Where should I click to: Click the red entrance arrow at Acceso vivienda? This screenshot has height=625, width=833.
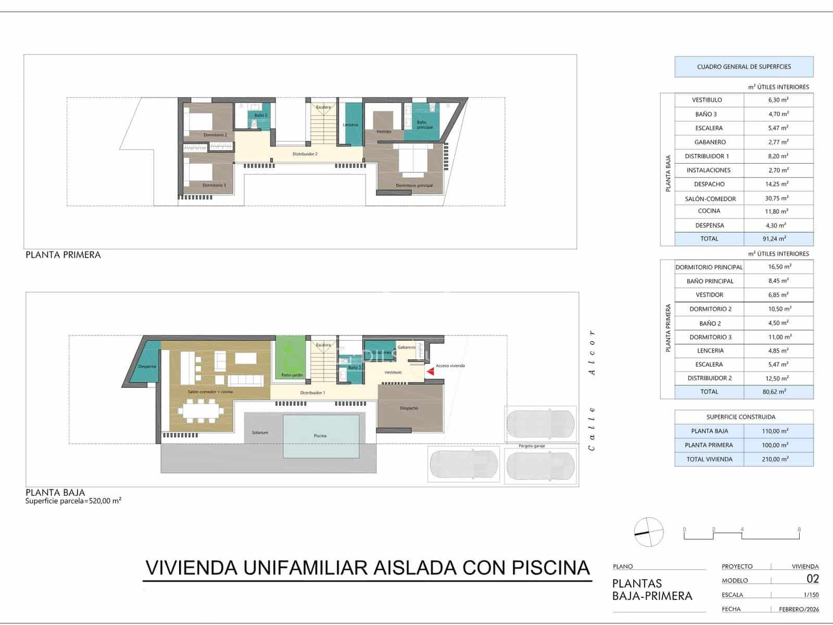(x=430, y=371)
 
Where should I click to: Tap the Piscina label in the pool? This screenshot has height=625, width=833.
(x=320, y=436)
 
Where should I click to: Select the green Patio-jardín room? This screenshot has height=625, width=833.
(x=292, y=359)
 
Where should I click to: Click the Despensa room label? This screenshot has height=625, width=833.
(x=147, y=366)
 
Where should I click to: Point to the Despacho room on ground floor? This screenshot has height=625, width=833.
(x=409, y=408)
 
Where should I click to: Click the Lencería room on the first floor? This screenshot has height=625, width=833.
(x=350, y=124)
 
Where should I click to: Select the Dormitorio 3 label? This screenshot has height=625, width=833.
(x=214, y=185)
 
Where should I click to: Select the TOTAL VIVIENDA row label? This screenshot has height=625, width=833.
(x=709, y=459)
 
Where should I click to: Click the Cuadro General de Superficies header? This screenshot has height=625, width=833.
(x=743, y=67)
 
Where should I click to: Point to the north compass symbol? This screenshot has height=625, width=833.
(x=649, y=532)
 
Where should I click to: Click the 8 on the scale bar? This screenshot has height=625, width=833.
(x=799, y=530)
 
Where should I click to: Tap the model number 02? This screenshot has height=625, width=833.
(x=812, y=579)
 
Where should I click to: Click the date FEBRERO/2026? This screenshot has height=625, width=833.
(x=799, y=609)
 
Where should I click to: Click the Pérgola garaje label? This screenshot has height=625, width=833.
(x=532, y=446)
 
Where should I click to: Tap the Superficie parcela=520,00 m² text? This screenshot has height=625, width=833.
(x=73, y=501)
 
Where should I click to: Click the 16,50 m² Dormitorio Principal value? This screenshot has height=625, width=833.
(x=779, y=267)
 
